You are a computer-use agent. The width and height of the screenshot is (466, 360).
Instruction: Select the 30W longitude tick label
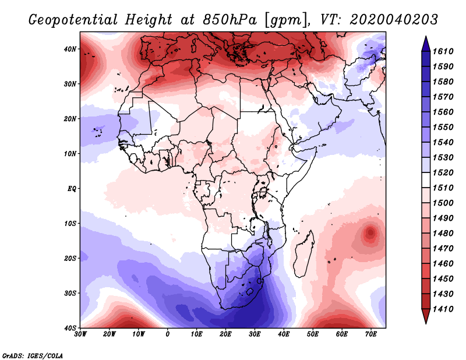click(81, 334)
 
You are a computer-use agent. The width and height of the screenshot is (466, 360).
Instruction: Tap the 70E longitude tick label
click(370, 334)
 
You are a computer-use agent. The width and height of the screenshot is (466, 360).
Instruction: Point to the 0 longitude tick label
click(168, 334)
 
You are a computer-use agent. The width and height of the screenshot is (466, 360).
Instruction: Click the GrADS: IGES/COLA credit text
click(33, 355)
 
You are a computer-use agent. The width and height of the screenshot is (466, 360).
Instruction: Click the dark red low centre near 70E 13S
click(370, 234)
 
